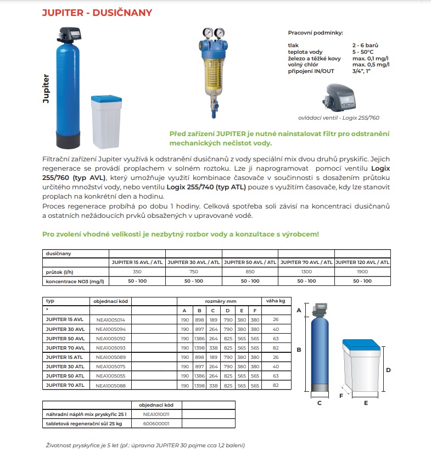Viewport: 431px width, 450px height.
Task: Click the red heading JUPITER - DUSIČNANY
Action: [x=97, y=13]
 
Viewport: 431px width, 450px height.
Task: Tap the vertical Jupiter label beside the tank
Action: [x=46, y=89]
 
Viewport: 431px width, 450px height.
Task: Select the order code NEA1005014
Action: [x=110, y=319]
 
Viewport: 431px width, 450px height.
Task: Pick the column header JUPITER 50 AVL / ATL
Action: [x=250, y=262]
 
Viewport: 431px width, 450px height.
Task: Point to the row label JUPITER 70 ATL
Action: [x=65, y=385]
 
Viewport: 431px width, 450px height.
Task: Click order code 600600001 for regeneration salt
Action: [x=156, y=423]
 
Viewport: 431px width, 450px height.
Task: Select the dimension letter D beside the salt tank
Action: [x=388, y=370]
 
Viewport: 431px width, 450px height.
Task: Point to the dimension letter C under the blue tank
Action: [x=319, y=403]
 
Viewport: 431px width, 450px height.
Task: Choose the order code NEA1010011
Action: [x=156, y=414]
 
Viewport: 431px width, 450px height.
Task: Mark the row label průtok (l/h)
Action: [x=60, y=272]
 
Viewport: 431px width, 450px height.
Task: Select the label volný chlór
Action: [x=303, y=65]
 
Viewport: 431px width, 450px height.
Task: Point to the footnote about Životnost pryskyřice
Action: [x=145, y=445]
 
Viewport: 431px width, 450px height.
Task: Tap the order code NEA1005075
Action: [x=110, y=367]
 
